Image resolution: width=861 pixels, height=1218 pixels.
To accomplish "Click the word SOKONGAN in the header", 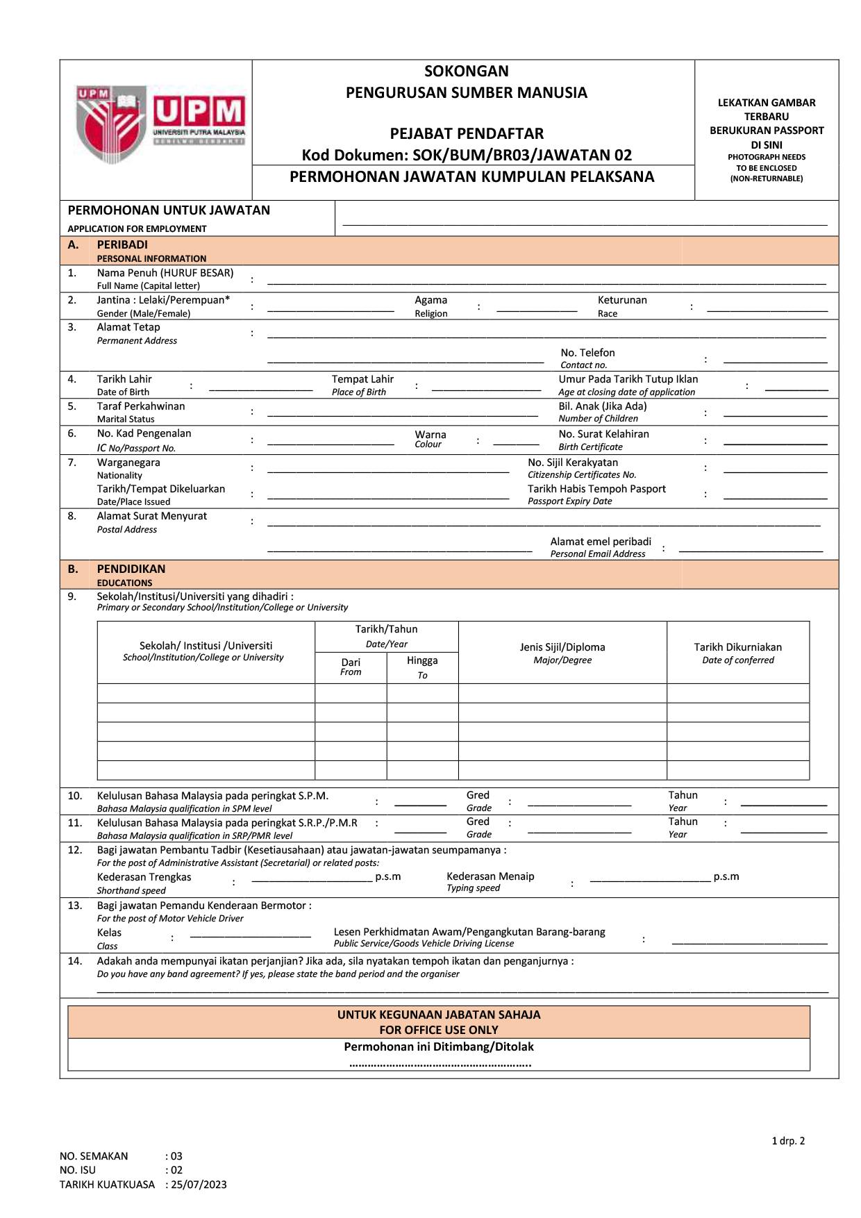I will pos(467,72).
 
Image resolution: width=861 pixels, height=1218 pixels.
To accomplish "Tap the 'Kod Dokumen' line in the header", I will pos(467,155).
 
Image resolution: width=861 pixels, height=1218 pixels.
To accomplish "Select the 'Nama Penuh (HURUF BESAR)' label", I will pos(165,273).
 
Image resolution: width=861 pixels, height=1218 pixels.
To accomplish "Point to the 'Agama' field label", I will pos(430,300).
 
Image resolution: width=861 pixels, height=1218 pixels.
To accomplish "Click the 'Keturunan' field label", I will pos(622,300).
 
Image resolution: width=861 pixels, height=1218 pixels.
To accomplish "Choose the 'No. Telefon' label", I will pos(587,353).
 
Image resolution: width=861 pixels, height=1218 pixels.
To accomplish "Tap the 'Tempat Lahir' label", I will pos(362,379).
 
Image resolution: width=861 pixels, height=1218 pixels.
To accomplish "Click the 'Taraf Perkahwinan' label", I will pos(141,406).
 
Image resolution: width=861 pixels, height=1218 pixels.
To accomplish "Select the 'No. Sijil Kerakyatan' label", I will pos(573,462).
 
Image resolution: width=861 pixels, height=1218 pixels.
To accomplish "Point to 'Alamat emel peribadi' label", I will pos(601,542).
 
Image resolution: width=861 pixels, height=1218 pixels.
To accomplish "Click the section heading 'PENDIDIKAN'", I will pos(131,569).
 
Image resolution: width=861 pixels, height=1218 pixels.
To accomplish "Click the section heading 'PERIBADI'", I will pos(122,244).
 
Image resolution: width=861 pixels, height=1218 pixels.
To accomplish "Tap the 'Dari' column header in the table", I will pos(351,662).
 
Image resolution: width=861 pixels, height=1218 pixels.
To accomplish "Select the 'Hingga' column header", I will pos(422,660).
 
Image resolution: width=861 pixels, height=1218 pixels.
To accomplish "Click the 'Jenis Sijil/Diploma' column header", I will pos(562,647).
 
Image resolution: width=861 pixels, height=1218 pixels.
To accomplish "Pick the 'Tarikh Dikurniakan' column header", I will pos(738,647).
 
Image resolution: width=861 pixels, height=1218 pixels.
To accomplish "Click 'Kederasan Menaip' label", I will pos(490,876).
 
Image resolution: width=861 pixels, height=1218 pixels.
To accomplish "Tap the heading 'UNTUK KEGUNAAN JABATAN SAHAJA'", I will pos(439,1015).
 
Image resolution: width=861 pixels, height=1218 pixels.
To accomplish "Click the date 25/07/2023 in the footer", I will pos(199,1185).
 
